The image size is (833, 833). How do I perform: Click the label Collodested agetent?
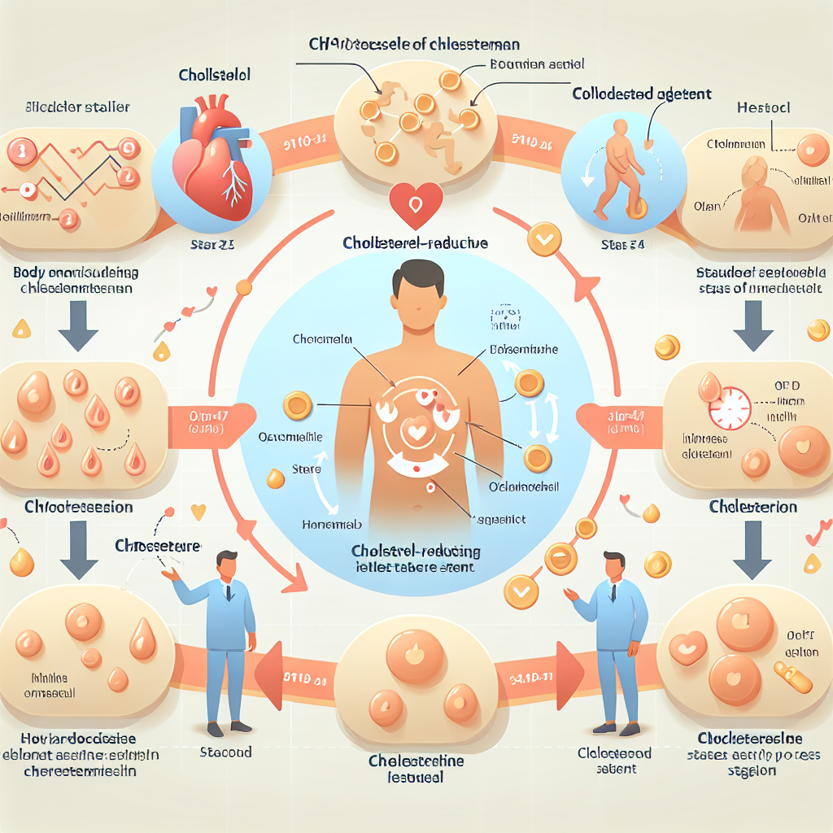point(642,94)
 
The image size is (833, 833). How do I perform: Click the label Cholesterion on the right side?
point(753,507)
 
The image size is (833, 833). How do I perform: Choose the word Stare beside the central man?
point(305,469)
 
